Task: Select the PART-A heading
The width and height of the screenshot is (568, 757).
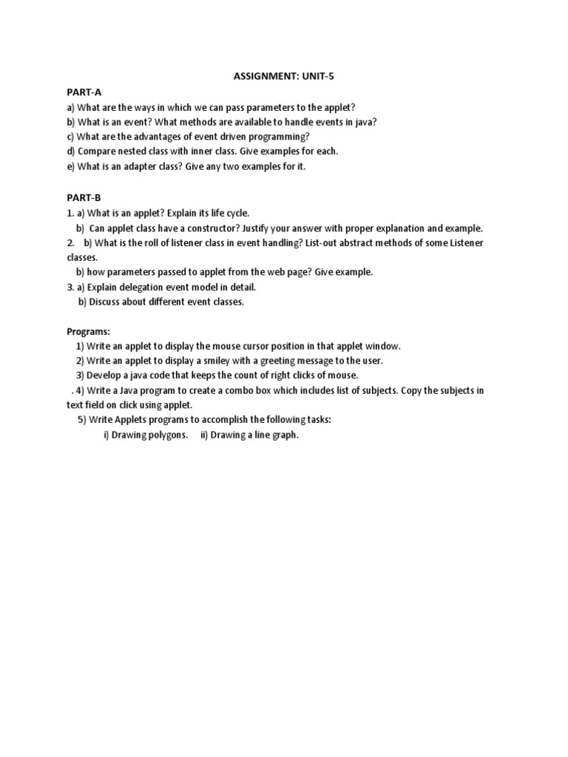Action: [84, 92]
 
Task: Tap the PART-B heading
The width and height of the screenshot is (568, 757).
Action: [84, 197]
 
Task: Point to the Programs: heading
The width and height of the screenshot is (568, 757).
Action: [88, 332]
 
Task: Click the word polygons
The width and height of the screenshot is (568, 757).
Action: [168, 435]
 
